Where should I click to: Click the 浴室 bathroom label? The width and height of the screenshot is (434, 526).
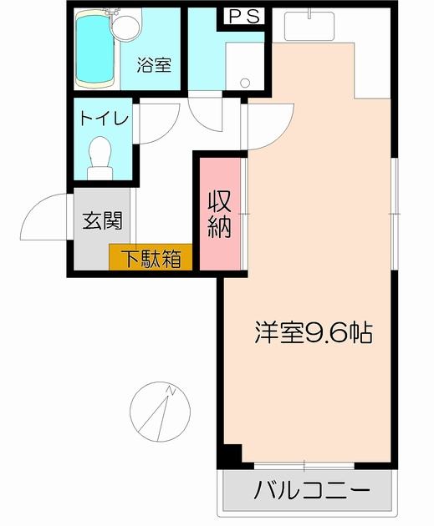155,64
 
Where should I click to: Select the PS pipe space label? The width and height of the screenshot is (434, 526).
243,16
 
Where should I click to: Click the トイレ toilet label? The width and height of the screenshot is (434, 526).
104,119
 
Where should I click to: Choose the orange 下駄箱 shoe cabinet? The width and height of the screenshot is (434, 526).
151,258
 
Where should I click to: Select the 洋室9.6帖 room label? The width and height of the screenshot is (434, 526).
313,332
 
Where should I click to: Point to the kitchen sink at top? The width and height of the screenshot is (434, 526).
310,25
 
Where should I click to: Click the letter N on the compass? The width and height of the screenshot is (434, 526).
170,390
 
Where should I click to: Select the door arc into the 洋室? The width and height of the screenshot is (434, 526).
266,125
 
